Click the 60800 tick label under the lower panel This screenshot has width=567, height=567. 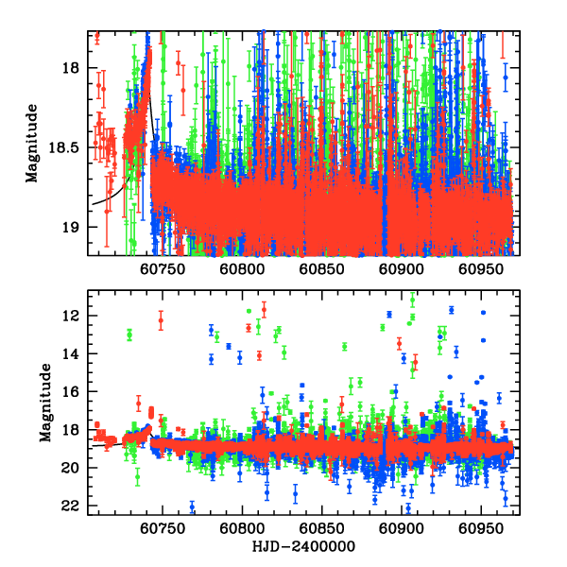click(x=242, y=530)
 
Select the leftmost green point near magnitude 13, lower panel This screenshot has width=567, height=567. click(x=129, y=335)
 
